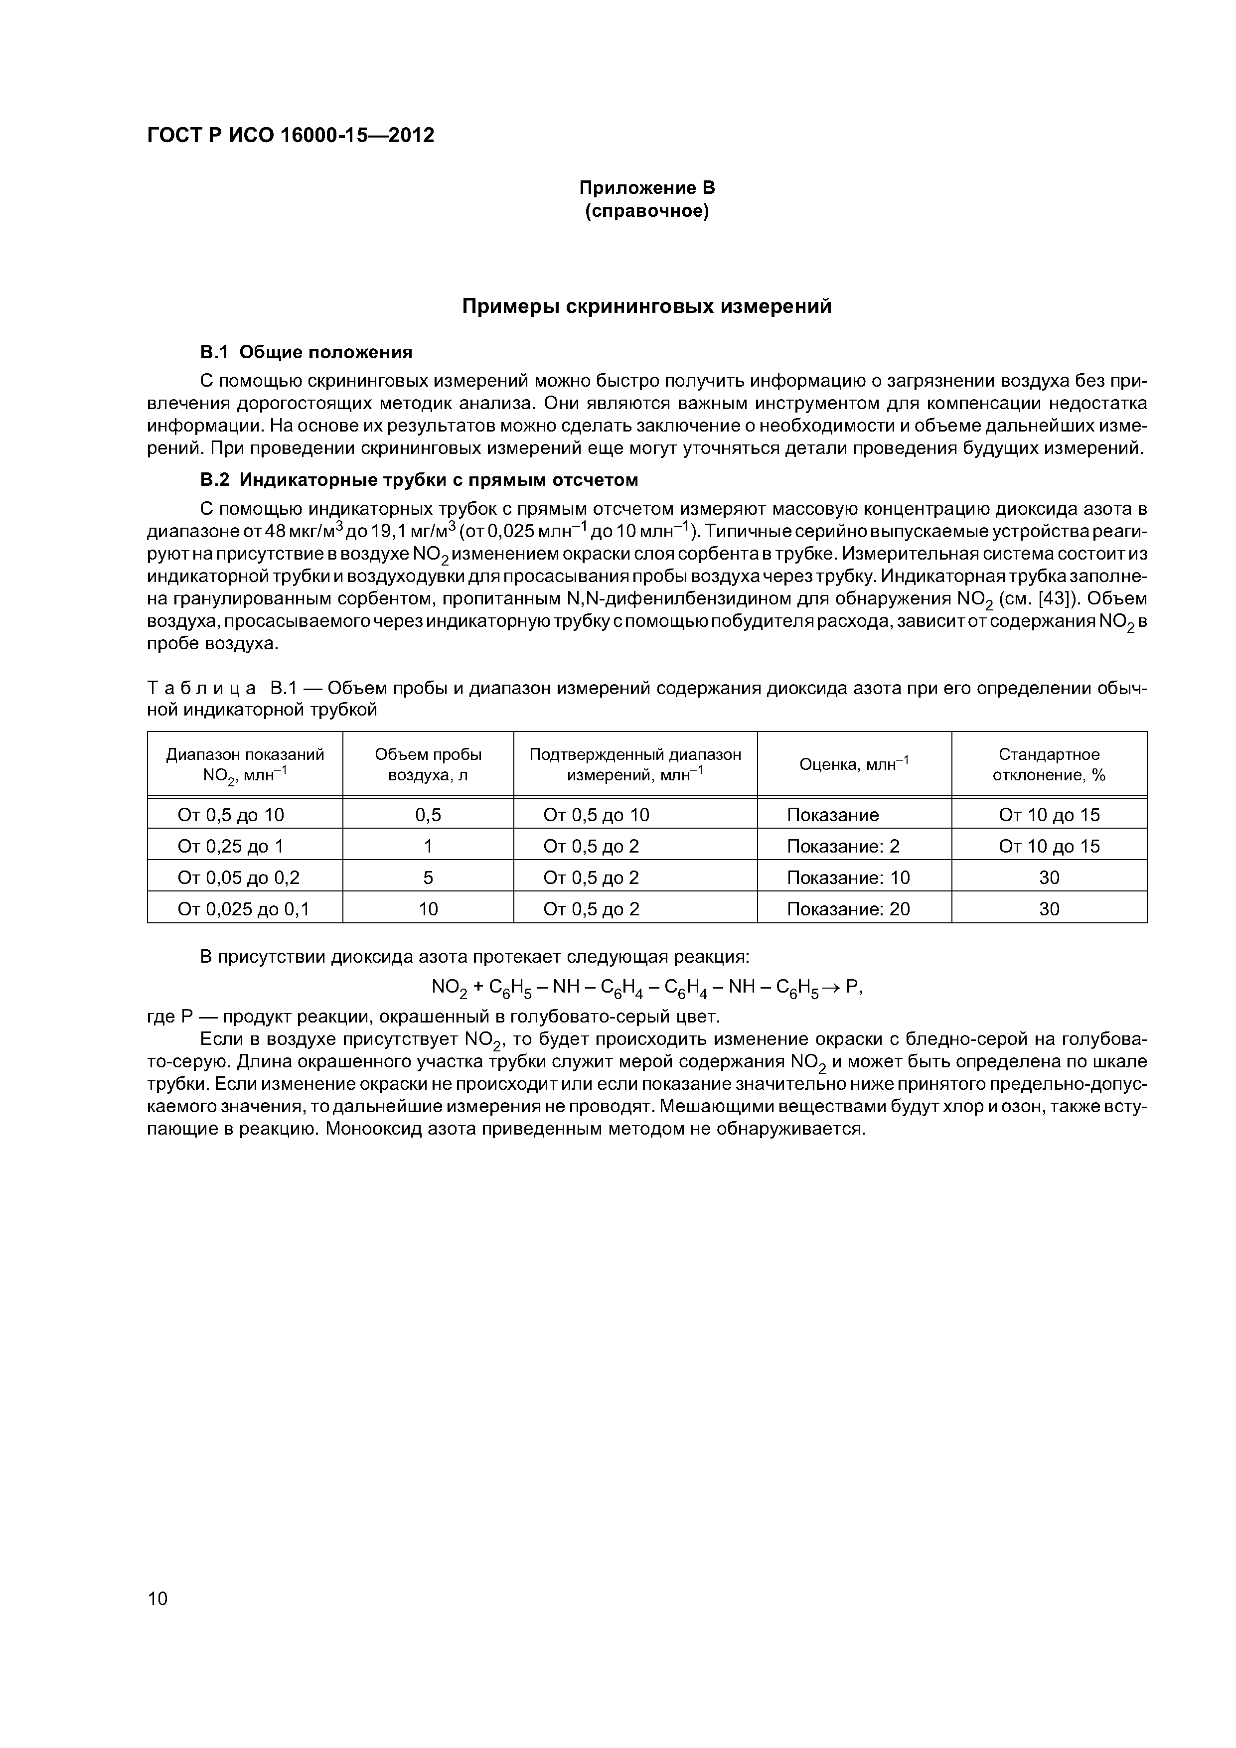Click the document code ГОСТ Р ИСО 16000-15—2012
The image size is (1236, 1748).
290,136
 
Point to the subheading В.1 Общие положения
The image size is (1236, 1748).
306,352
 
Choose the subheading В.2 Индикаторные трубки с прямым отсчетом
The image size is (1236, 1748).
418,480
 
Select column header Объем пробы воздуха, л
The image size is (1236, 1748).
428,764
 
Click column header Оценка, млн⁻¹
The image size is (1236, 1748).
854,764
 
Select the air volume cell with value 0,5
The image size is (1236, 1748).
428,815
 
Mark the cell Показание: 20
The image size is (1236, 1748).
848,908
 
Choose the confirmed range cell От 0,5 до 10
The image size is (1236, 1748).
596,815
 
